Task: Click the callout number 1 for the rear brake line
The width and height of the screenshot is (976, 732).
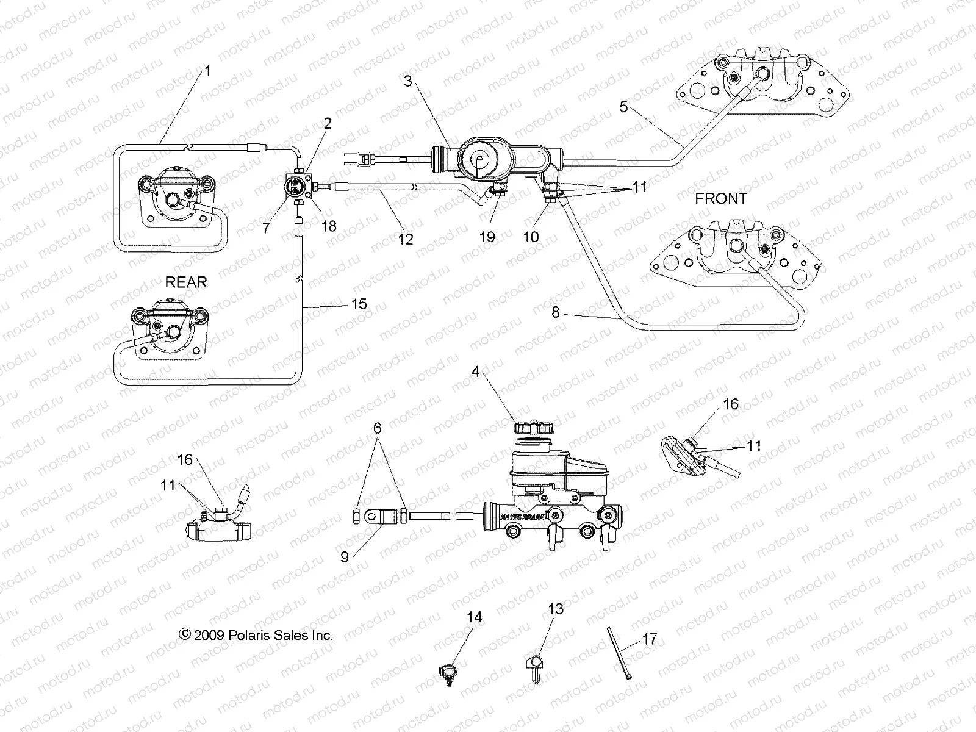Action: [x=207, y=71]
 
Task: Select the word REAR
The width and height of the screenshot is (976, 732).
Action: [x=186, y=282]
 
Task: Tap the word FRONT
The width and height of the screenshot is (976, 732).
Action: [x=720, y=199]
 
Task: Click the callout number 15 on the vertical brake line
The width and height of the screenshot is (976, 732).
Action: [x=359, y=303]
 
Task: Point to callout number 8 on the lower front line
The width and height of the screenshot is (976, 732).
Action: [x=555, y=312]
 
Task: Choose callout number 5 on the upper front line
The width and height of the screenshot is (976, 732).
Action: [x=623, y=107]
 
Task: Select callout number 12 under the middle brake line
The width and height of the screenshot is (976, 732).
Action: [x=406, y=239]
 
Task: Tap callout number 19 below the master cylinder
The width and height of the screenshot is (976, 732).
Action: [x=487, y=237]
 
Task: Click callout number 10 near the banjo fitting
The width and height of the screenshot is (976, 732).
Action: [x=531, y=237]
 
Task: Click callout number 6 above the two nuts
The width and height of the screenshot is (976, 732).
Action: [x=378, y=429]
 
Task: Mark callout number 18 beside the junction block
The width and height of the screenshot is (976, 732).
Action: [x=329, y=226]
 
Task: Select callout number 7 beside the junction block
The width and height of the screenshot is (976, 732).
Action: [x=266, y=228]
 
